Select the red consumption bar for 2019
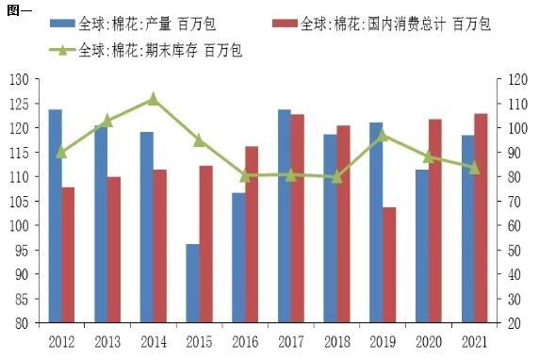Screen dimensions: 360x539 (389, 265)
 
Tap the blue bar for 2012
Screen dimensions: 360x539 (55, 216)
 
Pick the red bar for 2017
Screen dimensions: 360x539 (297, 219)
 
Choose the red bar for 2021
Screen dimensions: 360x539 (481, 218)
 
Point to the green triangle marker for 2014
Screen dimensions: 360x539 (153, 98)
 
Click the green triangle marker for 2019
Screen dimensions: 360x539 (382, 135)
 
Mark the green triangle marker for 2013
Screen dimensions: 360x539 (106, 120)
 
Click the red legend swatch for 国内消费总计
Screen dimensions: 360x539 (284, 23)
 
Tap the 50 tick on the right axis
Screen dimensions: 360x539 (512, 250)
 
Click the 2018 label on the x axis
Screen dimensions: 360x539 (335, 340)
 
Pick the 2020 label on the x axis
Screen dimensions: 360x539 (427, 340)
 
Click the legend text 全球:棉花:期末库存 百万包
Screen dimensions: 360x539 (161, 49)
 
